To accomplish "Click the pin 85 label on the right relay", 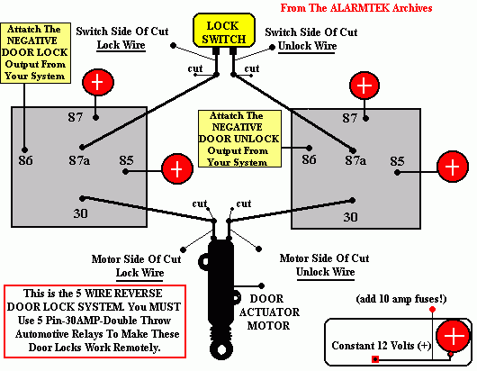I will click(x=398, y=162).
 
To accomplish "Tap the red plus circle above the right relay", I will click(x=364, y=86).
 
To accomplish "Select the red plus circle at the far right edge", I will click(x=453, y=167).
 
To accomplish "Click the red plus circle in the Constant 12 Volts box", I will click(x=456, y=338).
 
